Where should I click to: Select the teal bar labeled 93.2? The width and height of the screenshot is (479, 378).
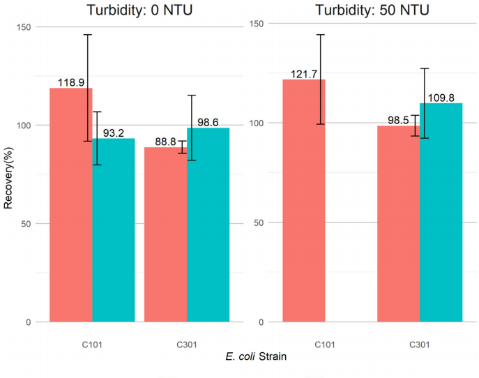[113, 230]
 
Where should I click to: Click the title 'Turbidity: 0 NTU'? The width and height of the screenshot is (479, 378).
[132, 10]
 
